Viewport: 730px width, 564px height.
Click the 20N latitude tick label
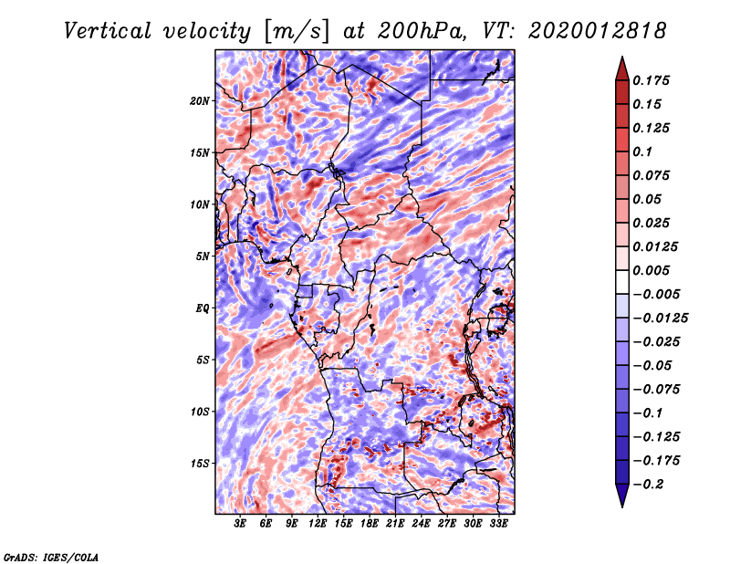pyautogui.click(x=201, y=100)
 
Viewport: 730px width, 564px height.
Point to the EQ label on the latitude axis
pyautogui.click(x=203, y=308)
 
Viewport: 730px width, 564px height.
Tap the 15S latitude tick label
pyautogui.click(x=201, y=464)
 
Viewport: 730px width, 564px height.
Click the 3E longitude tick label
pyautogui.click(x=241, y=524)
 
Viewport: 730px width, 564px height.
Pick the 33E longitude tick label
pyautogui.click(x=499, y=524)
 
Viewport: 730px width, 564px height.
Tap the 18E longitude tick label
pyautogui.click(x=370, y=524)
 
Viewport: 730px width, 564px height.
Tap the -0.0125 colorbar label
pyautogui.click(x=662, y=318)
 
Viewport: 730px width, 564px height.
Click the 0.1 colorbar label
pyautogui.click(x=643, y=151)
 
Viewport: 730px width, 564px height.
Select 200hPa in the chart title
pyautogui.click(x=417, y=30)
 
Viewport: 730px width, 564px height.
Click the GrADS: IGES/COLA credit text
pyautogui.click(x=50, y=556)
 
